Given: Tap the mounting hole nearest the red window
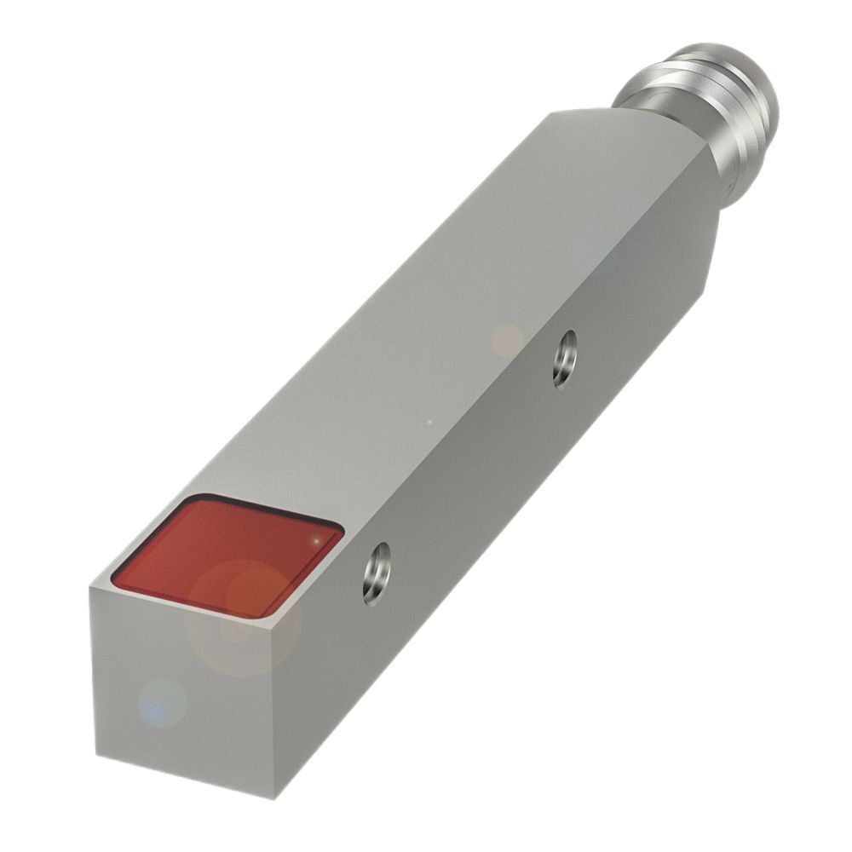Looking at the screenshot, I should click(376, 573).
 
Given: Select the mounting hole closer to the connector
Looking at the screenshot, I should click(563, 359).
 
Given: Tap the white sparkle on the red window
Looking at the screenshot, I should click(318, 539).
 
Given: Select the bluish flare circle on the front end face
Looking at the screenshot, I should click(162, 703).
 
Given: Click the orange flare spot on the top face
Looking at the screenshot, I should click(508, 341).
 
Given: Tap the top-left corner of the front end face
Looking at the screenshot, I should click(91, 588).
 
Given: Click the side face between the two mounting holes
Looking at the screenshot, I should click(477, 477).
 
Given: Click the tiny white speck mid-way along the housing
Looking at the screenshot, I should click(429, 421).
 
